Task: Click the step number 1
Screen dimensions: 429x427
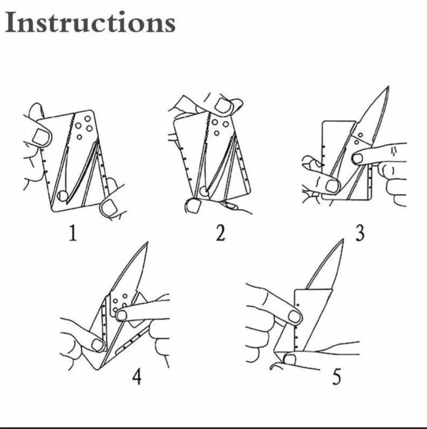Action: click(x=73, y=233)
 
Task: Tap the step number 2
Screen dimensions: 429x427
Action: click(x=220, y=233)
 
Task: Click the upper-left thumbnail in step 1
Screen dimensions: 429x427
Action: click(x=42, y=137)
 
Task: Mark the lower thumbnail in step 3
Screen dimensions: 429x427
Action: click(x=333, y=186)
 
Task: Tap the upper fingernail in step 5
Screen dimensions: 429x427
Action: click(x=295, y=317)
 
